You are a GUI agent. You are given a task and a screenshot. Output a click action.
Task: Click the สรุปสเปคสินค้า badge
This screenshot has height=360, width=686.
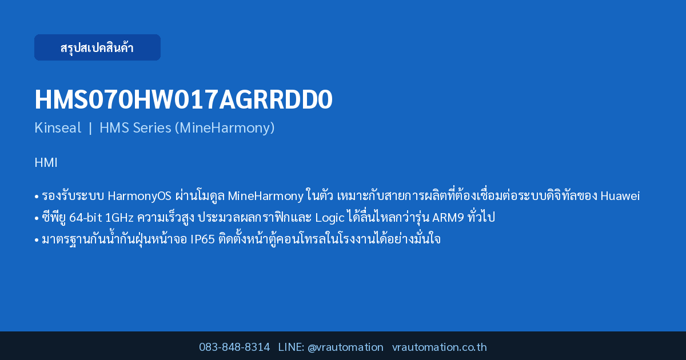[x=97, y=47]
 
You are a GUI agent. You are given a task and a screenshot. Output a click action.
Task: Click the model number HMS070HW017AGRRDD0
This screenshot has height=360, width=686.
[x=184, y=99]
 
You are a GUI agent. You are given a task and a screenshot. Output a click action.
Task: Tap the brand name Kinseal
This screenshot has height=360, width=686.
[x=58, y=127]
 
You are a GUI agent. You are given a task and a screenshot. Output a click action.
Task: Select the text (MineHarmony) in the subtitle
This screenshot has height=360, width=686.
[x=225, y=128]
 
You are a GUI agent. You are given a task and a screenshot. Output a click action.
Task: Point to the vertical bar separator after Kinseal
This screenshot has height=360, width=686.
[x=90, y=128]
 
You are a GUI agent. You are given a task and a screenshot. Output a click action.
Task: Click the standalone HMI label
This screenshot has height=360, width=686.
[x=46, y=162]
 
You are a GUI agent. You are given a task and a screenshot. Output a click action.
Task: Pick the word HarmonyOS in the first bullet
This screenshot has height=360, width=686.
[x=139, y=196]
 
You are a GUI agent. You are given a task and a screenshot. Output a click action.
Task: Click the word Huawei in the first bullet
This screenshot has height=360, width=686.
[x=620, y=196]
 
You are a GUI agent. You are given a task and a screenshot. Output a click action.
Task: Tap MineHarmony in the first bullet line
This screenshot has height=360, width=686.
[x=265, y=196]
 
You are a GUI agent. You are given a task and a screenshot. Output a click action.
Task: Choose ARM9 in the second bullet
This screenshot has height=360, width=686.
[x=448, y=218]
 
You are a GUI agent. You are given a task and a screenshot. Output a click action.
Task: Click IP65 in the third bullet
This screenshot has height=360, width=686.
[x=202, y=239]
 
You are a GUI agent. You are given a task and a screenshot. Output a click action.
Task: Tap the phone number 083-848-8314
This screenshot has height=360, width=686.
[x=234, y=347]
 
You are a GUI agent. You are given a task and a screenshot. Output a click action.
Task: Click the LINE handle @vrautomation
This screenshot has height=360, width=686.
[x=345, y=347]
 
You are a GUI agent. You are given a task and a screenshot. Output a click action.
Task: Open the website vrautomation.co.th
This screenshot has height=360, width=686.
[x=440, y=347]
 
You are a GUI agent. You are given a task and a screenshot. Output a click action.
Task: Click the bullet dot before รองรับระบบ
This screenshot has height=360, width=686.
[x=37, y=197]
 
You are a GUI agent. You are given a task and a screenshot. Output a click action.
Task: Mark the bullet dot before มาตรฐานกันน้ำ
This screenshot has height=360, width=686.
[x=37, y=239]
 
